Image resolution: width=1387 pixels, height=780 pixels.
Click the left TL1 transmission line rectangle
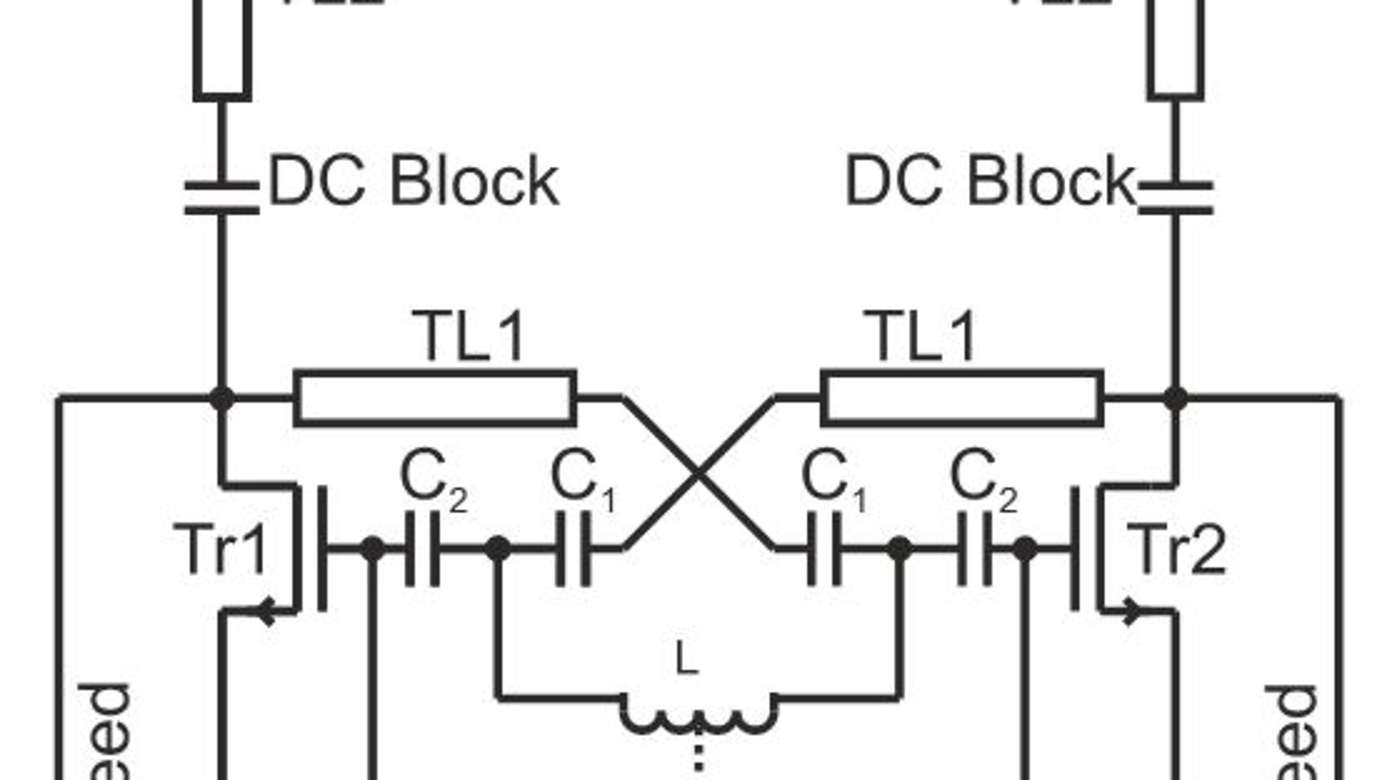pyautogui.click(x=435, y=397)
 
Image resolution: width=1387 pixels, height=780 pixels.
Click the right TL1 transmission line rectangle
pyautogui.click(x=962, y=397)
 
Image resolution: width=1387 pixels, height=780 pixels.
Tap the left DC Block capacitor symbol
pyautogui.click(x=222, y=198)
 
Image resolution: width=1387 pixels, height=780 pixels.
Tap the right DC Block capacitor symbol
pyautogui.click(x=1175, y=198)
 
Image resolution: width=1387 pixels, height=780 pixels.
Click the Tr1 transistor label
pyautogui.click(x=220, y=549)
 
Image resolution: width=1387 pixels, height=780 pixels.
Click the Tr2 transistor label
pyautogui.click(x=1180, y=549)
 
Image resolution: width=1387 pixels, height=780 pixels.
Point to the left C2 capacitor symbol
pyautogui.click(x=422, y=549)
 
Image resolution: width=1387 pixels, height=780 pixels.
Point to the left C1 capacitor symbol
pyautogui.click(x=573, y=549)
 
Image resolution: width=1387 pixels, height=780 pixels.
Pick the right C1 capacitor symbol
pyautogui.click(x=824, y=549)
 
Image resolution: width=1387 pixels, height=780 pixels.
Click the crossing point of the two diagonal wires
pyautogui.click(x=698, y=473)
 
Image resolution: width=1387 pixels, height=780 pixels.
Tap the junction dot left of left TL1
pyautogui.click(x=222, y=397)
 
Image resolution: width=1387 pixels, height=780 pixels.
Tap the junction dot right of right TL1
pyautogui.click(x=1175, y=397)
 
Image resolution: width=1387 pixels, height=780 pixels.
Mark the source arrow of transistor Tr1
pyautogui.click(x=266, y=612)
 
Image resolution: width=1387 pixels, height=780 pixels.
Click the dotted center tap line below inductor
pyautogui.click(x=698, y=758)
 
